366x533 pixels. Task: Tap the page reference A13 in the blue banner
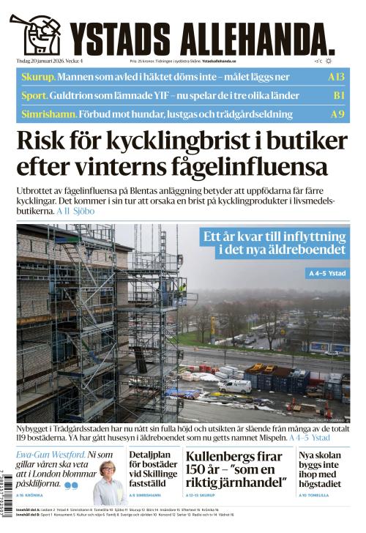tap(336, 77)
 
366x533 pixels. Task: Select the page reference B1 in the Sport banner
tap(338, 96)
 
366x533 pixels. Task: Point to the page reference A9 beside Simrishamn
tap(337, 114)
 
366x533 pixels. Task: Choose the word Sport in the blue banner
tap(34, 96)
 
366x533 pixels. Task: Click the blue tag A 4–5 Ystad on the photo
tap(327, 273)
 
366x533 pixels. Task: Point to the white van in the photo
tap(235, 385)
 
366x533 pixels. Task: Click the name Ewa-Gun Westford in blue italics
tap(50, 455)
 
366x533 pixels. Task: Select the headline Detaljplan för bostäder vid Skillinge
tap(151, 469)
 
